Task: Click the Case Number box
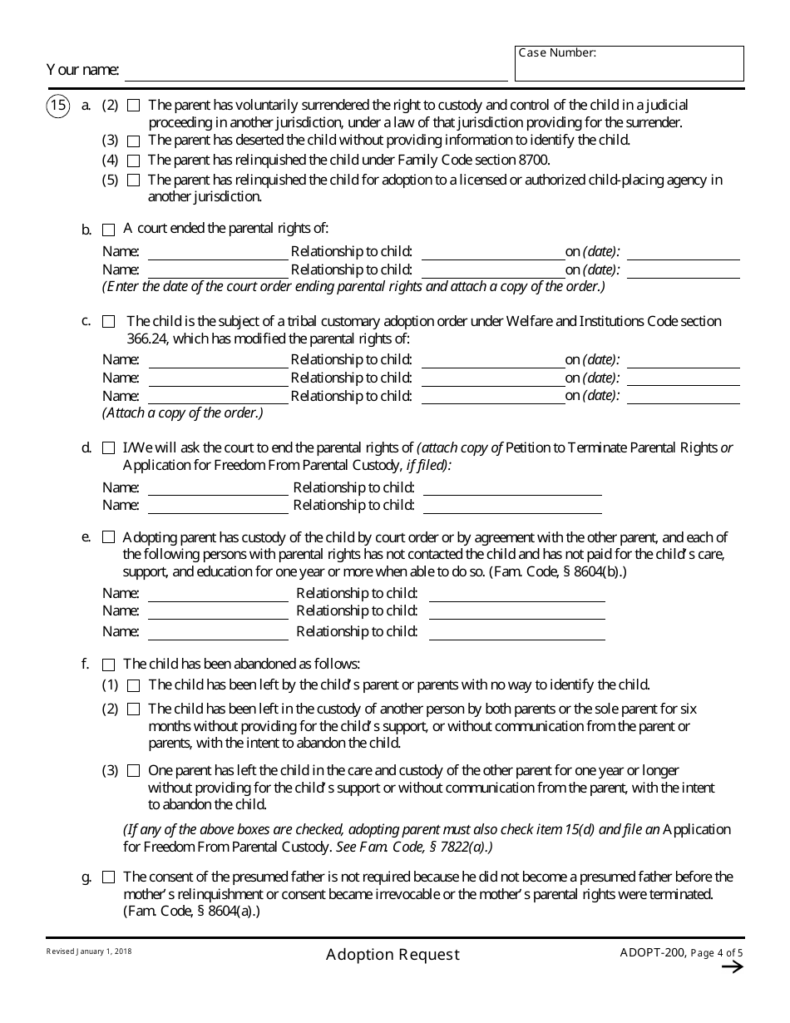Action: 629,64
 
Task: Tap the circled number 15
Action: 57,106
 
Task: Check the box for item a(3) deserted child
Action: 133,141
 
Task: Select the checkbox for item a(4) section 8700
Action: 133,161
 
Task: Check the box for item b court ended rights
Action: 108,230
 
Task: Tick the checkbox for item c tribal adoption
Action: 108,322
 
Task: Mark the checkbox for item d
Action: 108,448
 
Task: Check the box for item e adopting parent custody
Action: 108,538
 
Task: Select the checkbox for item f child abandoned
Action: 108,665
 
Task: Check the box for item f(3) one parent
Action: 133,771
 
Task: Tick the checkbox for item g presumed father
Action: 108,877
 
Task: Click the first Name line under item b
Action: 217,254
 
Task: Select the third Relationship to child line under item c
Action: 493,398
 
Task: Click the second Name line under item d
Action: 217,507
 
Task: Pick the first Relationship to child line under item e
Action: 516,595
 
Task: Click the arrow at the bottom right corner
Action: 732,966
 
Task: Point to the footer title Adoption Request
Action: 393,955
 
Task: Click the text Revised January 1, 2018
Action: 89,951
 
